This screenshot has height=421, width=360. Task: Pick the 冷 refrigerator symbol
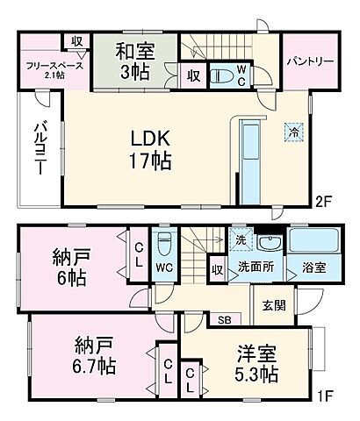[x=292, y=132]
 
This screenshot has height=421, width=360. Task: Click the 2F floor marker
[x=325, y=201]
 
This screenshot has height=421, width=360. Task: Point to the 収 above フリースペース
[x=77, y=41]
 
